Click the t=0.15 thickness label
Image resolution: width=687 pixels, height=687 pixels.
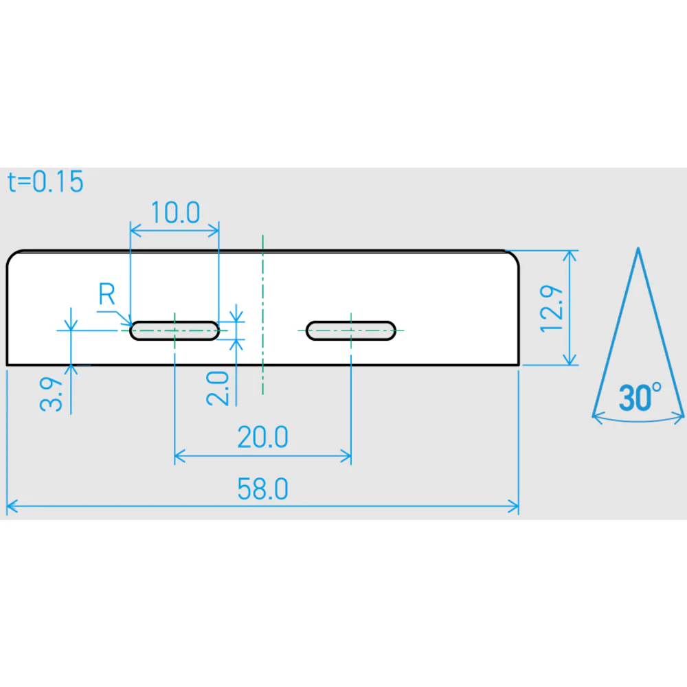coord(45,182)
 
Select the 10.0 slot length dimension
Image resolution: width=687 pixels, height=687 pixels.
coord(175,212)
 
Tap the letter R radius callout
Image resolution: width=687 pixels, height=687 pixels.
coord(107,293)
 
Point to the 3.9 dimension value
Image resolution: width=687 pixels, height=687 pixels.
coord(52,394)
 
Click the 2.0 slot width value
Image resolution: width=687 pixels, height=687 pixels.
coord(218,388)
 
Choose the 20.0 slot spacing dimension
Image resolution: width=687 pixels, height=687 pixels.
coord(262,437)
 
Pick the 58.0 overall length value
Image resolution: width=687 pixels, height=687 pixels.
coord(262,489)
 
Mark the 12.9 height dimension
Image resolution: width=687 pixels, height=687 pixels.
coord(551,308)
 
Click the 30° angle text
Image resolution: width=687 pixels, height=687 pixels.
coord(640,397)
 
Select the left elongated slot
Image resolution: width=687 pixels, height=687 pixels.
coord(174,330)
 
